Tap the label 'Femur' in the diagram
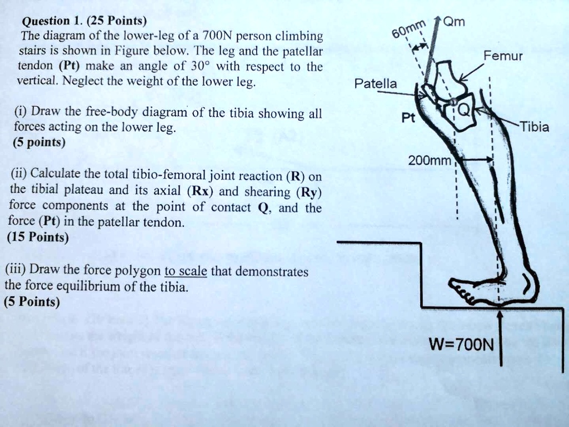point(502,56)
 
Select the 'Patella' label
point(376,84)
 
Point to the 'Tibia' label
point(534,127)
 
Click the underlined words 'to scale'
point(186,272)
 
